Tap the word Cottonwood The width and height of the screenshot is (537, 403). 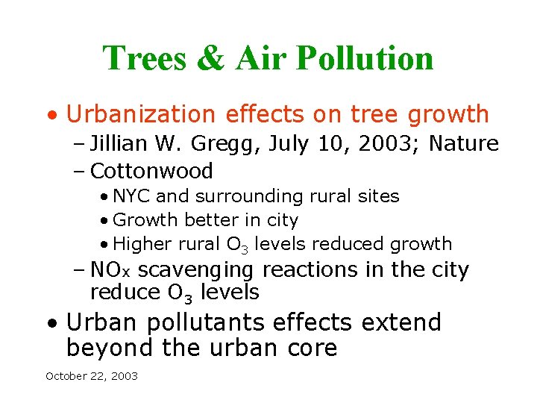click(151, 171)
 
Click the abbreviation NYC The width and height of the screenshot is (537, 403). click(131, 196)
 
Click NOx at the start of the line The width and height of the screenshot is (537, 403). click(111, 269)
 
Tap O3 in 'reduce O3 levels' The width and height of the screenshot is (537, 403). click(183, 293)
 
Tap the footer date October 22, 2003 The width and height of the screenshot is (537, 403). click(92, 376)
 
